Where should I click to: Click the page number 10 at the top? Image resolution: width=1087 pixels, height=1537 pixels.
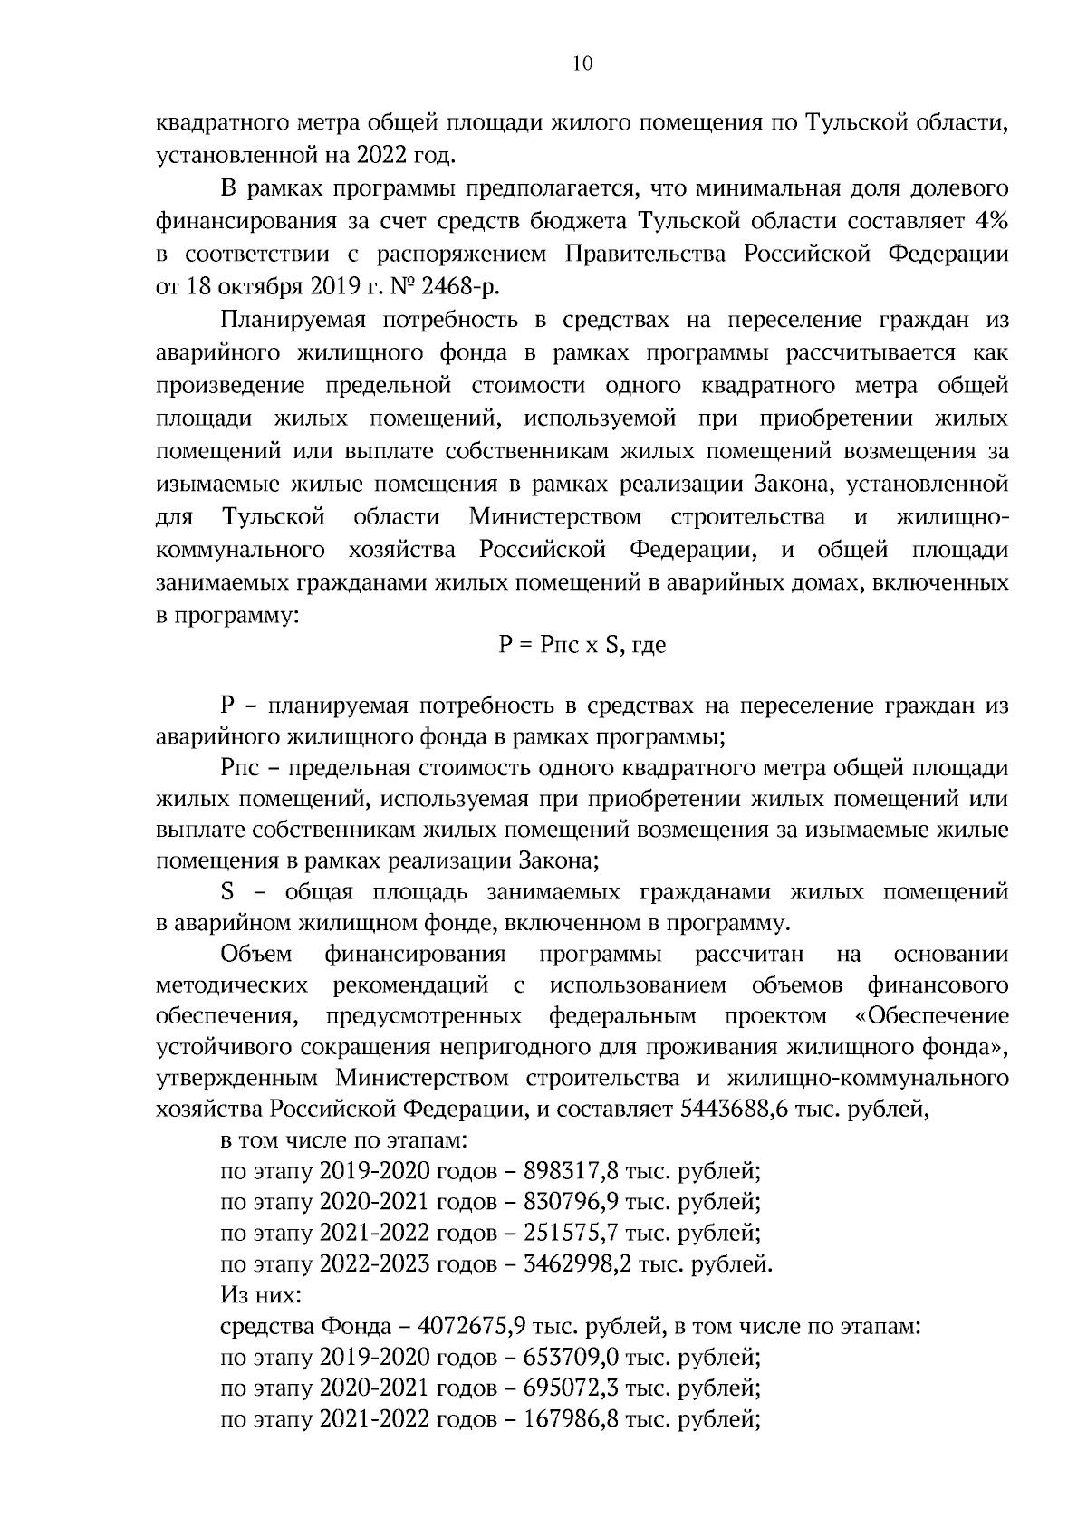pos(582,62)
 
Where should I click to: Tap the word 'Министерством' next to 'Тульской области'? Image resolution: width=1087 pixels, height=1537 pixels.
pos(555,518)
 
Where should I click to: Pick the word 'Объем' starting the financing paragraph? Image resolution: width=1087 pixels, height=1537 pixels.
pos(256,955)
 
